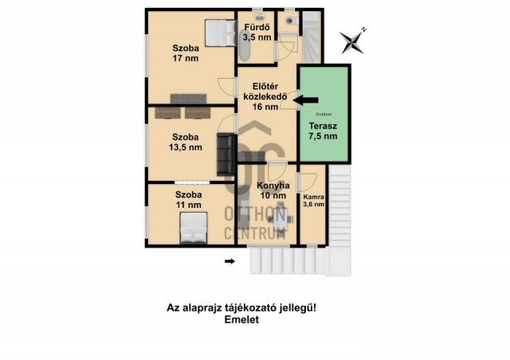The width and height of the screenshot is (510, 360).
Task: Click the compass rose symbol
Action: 352,41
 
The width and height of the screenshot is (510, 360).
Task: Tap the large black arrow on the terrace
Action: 305,100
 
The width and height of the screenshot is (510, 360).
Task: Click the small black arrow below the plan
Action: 230,261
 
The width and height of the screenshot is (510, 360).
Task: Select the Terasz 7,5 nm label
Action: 323,131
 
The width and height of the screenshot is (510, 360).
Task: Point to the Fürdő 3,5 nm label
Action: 257,32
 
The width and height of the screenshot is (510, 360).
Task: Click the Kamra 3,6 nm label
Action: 313,201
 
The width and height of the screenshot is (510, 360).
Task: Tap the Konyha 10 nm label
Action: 273,190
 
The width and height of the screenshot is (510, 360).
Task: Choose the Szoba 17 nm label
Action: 186,53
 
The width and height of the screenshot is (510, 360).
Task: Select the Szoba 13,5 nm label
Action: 186,142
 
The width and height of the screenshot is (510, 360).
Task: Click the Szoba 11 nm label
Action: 188,200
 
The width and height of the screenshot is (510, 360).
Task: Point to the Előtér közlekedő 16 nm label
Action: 265,96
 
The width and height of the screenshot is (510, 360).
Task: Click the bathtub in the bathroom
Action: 245,45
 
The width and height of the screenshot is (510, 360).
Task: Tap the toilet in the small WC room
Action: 291,21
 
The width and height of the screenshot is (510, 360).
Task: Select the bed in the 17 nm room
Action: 220,33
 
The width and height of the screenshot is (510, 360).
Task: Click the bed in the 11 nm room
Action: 194,228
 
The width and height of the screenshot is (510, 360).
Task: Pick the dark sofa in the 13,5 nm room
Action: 226,155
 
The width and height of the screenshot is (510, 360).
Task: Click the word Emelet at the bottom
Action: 241,319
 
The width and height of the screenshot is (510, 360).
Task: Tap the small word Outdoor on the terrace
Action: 324,115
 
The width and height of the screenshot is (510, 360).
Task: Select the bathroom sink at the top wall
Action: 259,16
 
